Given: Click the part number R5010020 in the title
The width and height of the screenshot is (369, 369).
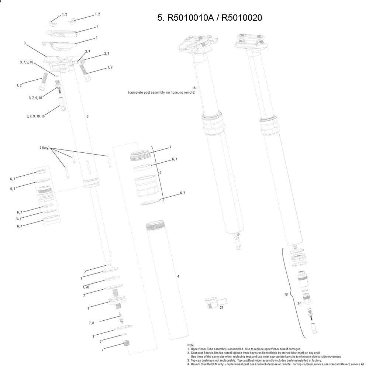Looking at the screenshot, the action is [242, 18].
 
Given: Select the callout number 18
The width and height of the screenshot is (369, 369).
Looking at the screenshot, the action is [194, 88].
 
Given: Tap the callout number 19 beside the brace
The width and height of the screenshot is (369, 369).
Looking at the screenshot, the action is [286, 294].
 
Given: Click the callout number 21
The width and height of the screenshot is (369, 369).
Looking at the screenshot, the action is [221, 307].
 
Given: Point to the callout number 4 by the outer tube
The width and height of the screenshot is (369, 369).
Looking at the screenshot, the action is [178, 276].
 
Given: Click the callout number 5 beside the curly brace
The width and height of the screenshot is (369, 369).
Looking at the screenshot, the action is [161, 172].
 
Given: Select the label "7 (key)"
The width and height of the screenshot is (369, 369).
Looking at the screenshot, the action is [45, 148].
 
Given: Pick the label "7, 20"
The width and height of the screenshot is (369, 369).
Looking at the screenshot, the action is [86, 287].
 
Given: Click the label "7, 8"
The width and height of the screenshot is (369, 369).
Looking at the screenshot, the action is [91, 323].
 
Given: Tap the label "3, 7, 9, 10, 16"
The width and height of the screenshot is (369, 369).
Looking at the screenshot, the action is [35, 116].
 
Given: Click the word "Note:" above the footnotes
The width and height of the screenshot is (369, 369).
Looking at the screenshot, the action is [191, 345].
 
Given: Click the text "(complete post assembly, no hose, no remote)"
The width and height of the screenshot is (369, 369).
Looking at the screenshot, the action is [162, 93].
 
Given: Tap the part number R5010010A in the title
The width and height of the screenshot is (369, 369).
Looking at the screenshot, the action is [190, 18].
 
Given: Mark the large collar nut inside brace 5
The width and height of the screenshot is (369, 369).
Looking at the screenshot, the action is [146, 187].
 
